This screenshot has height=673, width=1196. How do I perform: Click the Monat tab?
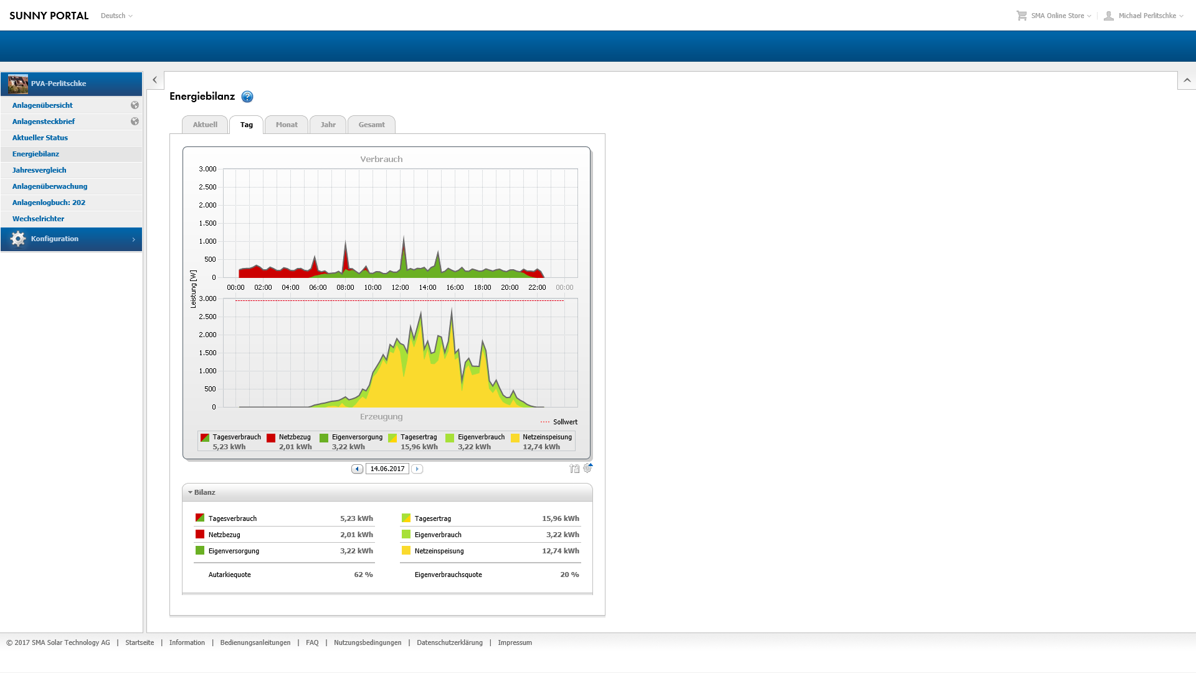pyautogui.click(x=287, y=125)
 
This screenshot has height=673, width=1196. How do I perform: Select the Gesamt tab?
pyautogui.click(x=371, y=125)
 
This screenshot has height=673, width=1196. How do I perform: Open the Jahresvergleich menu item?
pyautogui.click(x=39, y=170)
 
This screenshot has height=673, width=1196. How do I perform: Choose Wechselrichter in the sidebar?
pyautogui.click(x=38, y=219)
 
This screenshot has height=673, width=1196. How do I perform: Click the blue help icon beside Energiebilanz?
pyautogui.click(x=247, y=97)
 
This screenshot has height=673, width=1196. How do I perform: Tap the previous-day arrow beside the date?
pyautogui.click(x=357, y=469)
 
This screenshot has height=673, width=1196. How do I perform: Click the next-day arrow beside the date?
pyautogui.click(x=417, y=469)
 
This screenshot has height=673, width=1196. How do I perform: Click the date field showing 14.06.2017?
pyautogui.click(x=387, y=469)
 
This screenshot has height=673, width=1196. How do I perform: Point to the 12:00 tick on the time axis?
pyautogui.click(x=400, y=287)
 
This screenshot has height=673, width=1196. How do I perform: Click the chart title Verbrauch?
pyautogui.click(x=381, y=160)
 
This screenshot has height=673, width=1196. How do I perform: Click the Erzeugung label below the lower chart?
pyautogui.click(x=381, y=417)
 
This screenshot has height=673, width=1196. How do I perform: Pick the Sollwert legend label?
pyautogui.click(x=565, y=422)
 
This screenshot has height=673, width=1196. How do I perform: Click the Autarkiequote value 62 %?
pyautogui.click(x=363, y=575)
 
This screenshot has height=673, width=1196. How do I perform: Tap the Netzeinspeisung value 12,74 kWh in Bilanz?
pyautogui.click(x=561, y=551)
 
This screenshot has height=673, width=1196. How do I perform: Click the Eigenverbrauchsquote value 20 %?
pyautogui.click(x=569, y=575)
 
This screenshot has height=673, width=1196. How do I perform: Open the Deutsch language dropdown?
pyautogui.click(x=116, y=16)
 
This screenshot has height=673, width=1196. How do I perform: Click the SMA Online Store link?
pyautogui.click(x=1057, y=16)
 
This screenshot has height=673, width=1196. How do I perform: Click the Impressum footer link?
pyautogui.click(x=515, y=642)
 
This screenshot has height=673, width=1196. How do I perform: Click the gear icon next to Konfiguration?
pyautogui.click(x=18, y=239)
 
